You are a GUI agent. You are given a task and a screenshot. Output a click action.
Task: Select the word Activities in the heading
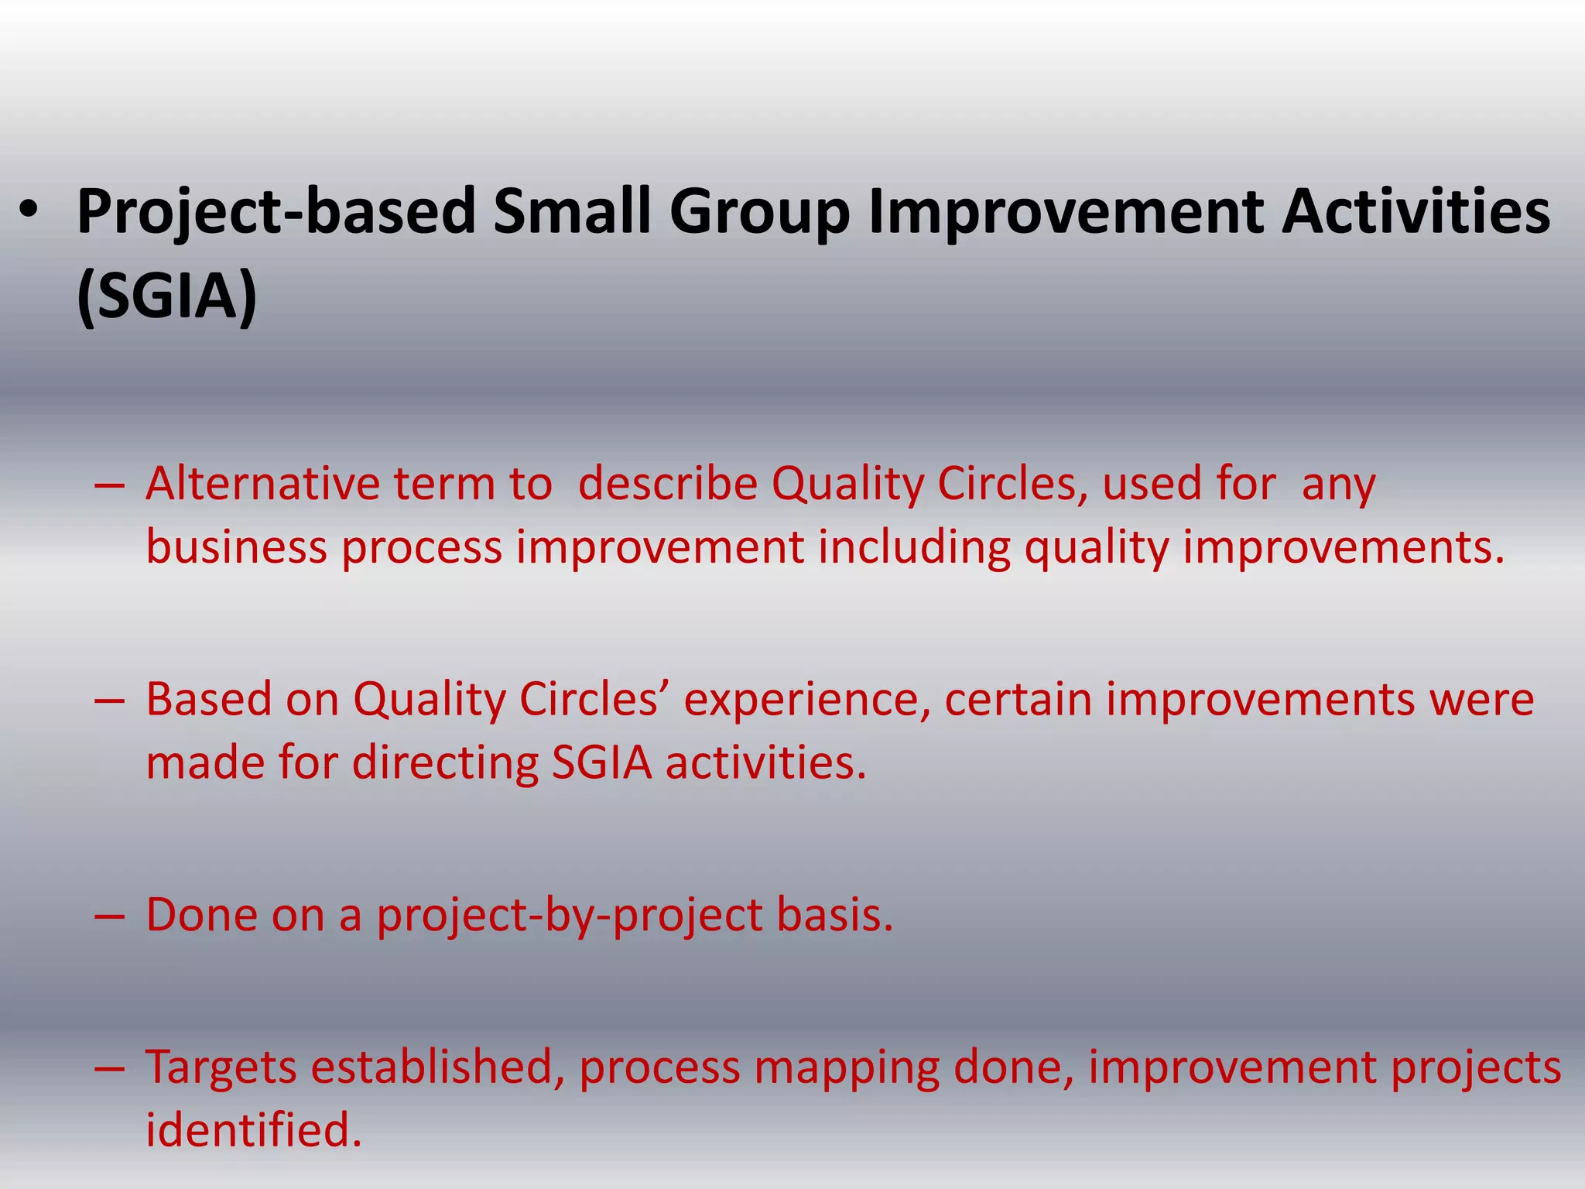click(1416, 212)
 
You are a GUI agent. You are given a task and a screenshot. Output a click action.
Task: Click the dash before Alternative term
click(109, 485)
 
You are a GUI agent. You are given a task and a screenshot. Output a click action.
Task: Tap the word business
click(237, 547)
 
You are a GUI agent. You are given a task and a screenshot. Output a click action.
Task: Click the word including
click(914, 547)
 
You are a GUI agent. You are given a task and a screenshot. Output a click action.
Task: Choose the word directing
click(445, 763)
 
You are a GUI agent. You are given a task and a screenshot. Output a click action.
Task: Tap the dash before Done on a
click(109, 916)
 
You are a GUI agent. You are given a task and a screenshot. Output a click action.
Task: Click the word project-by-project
click(570, 916)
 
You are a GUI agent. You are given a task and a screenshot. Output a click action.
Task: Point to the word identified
click(254, 1129)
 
